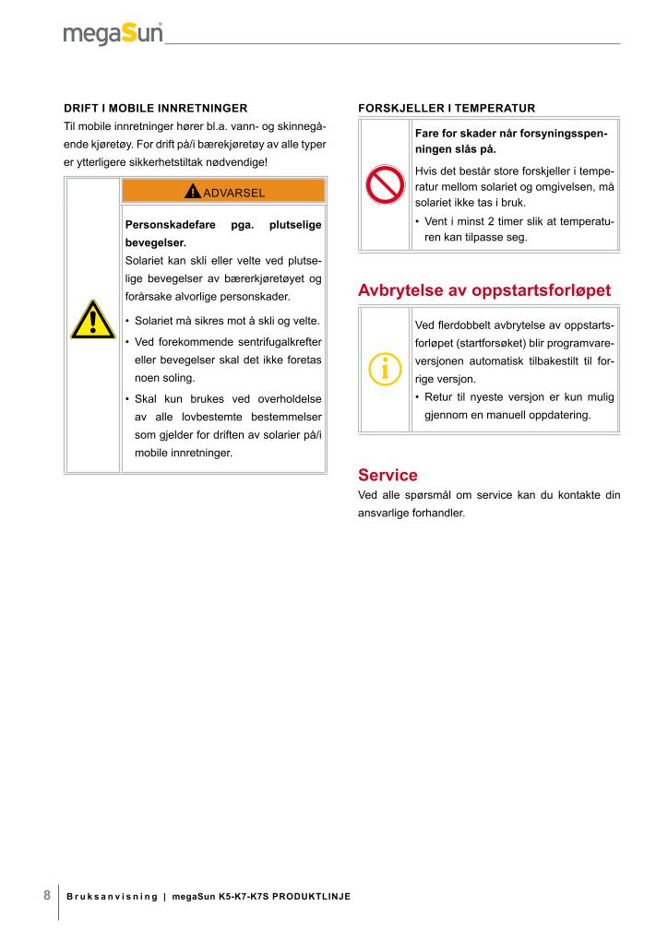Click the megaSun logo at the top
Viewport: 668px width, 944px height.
click(113, 33)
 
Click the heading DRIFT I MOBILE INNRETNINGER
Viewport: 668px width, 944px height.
click(155, 108)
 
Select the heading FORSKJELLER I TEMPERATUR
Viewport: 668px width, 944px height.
click(446, 108)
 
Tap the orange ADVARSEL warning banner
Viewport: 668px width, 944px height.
click(223, 192)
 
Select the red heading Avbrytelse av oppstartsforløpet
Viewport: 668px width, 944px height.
click(483, 291)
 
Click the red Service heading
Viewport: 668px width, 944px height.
click(388, 476)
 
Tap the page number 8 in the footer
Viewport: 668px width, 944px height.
click(47, 896)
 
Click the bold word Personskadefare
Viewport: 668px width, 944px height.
click(170, 225)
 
